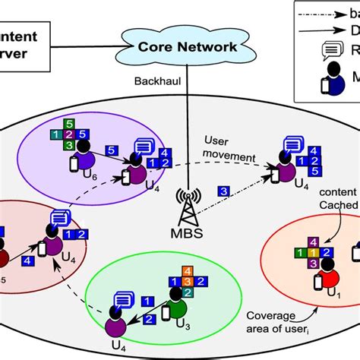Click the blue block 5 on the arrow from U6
coord(110,150)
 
